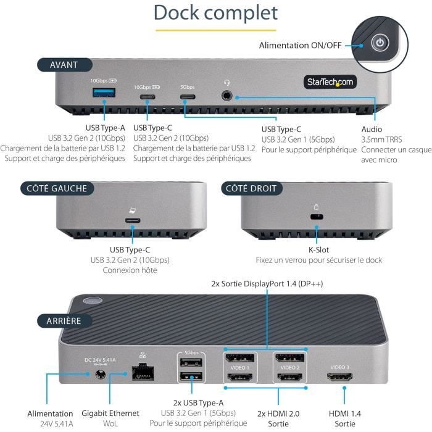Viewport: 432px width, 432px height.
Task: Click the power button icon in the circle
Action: click(x=380, y=43)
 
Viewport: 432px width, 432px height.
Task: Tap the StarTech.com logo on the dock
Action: click(x=330, y=82)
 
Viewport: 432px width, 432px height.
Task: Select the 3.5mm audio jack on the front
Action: click(x=228, y=96)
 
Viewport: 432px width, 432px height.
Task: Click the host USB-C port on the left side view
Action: click(x=131, y=220)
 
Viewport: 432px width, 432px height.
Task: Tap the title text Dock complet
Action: click(x=215, y=12)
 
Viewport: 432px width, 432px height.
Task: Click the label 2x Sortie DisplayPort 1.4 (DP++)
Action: click(x=267, y=284)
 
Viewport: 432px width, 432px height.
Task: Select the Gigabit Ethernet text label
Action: click(x=110, y=413)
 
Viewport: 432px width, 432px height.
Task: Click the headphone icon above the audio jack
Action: click(x=227, y=82)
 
